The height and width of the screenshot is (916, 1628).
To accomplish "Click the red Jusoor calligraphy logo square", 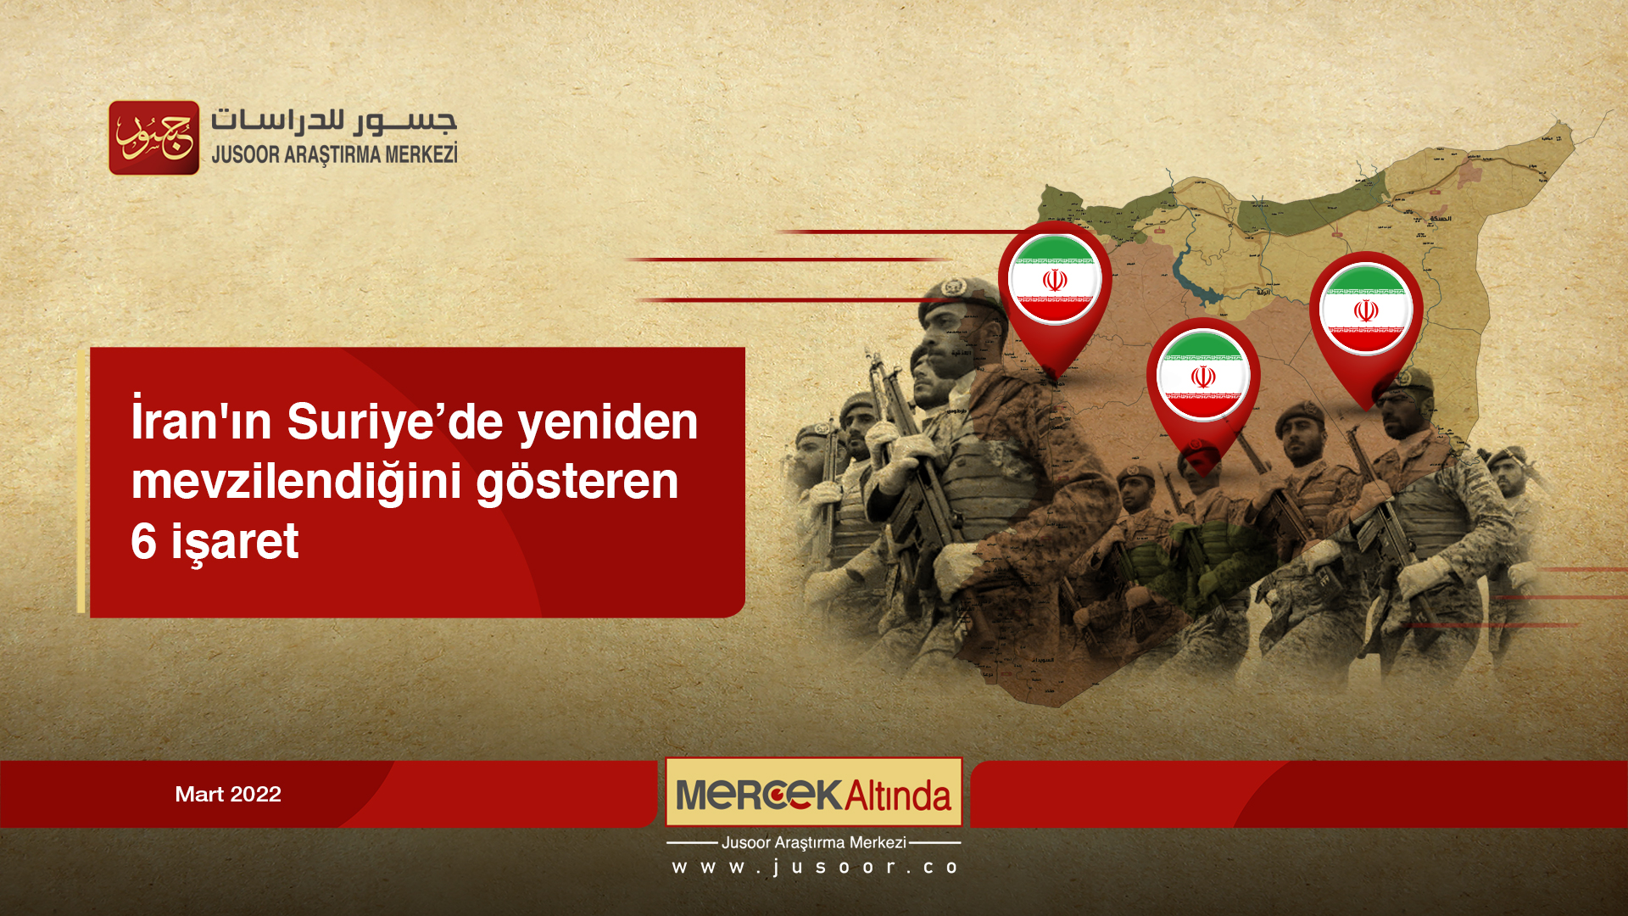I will [153, 137].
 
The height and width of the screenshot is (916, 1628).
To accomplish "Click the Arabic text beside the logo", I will [333, 121].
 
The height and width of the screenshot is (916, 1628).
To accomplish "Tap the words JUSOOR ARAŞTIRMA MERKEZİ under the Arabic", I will [334, 154].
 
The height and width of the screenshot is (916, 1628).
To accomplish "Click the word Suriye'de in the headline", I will [394, 422].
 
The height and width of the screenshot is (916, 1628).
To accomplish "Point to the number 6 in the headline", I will [143, 541].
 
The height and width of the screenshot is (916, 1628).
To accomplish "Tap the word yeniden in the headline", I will [607, 422].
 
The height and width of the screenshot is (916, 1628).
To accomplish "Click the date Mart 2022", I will [227, 794].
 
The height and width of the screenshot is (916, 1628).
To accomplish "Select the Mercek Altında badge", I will [813, 793].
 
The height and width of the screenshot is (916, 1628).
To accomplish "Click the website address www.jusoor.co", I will [814, 867].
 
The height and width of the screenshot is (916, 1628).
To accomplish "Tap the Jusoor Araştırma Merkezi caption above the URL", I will [813, 842].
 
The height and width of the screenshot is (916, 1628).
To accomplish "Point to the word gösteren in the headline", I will [577, 481].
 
